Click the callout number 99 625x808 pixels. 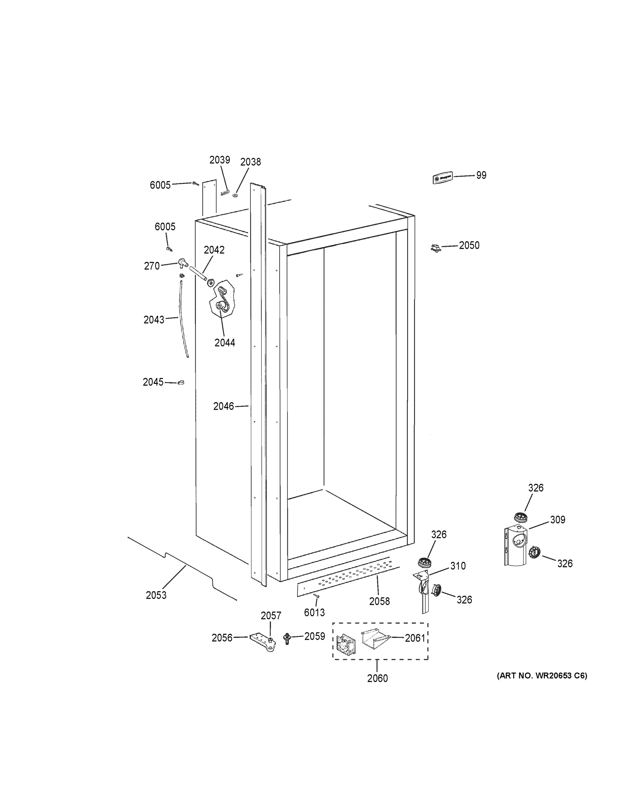481,175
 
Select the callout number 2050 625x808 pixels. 469,245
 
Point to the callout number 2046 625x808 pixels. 224,406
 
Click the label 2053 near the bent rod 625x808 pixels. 156,595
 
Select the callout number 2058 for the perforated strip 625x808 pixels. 379,601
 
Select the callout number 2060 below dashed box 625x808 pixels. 377,678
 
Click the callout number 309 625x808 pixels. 557,520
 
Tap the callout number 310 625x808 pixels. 458,566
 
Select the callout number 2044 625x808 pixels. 225,343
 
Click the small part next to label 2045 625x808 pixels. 181,382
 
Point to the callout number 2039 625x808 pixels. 220,160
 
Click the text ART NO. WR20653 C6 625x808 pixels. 542,676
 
